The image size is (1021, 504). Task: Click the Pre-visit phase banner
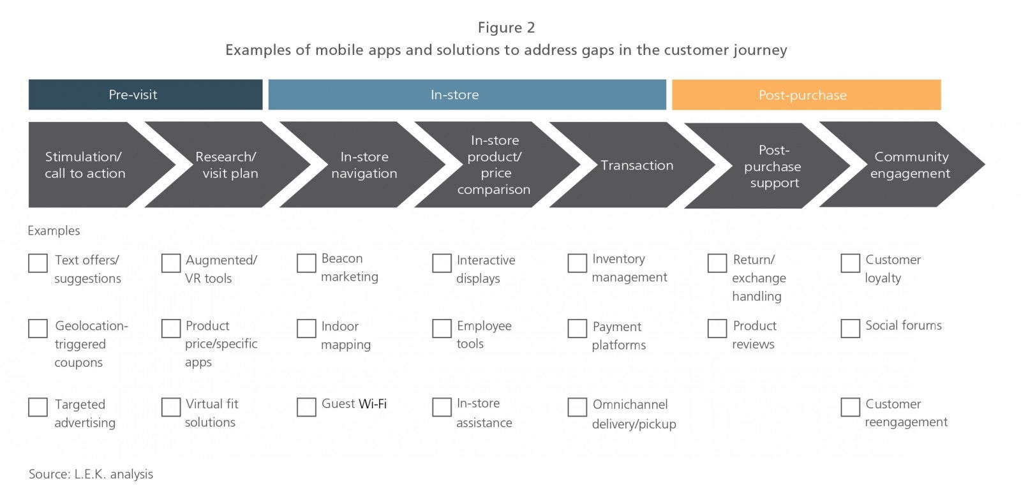pyautogui.click(x=145, y=95)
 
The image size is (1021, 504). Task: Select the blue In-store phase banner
pyautogui.click(x=467, y=95)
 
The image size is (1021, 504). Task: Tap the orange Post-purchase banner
pyautogui.click(x=807, y=95)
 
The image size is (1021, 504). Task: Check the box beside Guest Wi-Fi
pyautogui.click(x=306, y=407)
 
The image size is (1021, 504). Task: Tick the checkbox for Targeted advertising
pyautogui.click(x=38, y=407)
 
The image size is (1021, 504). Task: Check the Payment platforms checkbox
pyautogui.click(x=577, y=328)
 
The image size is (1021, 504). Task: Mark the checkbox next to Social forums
pyautogui.click(x=850, y=328)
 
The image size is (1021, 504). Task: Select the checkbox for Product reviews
pyautogui.click(x=717, y=328)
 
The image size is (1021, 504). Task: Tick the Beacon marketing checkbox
pyautogui.click(x=306, y=263)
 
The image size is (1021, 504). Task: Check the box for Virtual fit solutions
pyautogui.click(x=171, y=407)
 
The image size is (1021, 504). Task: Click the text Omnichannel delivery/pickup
pyautogui.click(x=634, y=414)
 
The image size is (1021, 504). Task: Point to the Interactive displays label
pyautogui.click(x=486, y=269)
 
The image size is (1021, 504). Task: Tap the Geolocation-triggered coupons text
pyautogui.click(x=91, y=344)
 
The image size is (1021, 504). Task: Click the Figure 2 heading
pyautogui.click(x=507, y=27)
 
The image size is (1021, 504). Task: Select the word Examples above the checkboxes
pyautogui.click(x=54, y=230)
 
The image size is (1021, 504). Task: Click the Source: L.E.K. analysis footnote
pyautogui.click(x=91, y=474)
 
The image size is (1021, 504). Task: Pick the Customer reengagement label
pyautogui.click(x=906, y=413)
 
